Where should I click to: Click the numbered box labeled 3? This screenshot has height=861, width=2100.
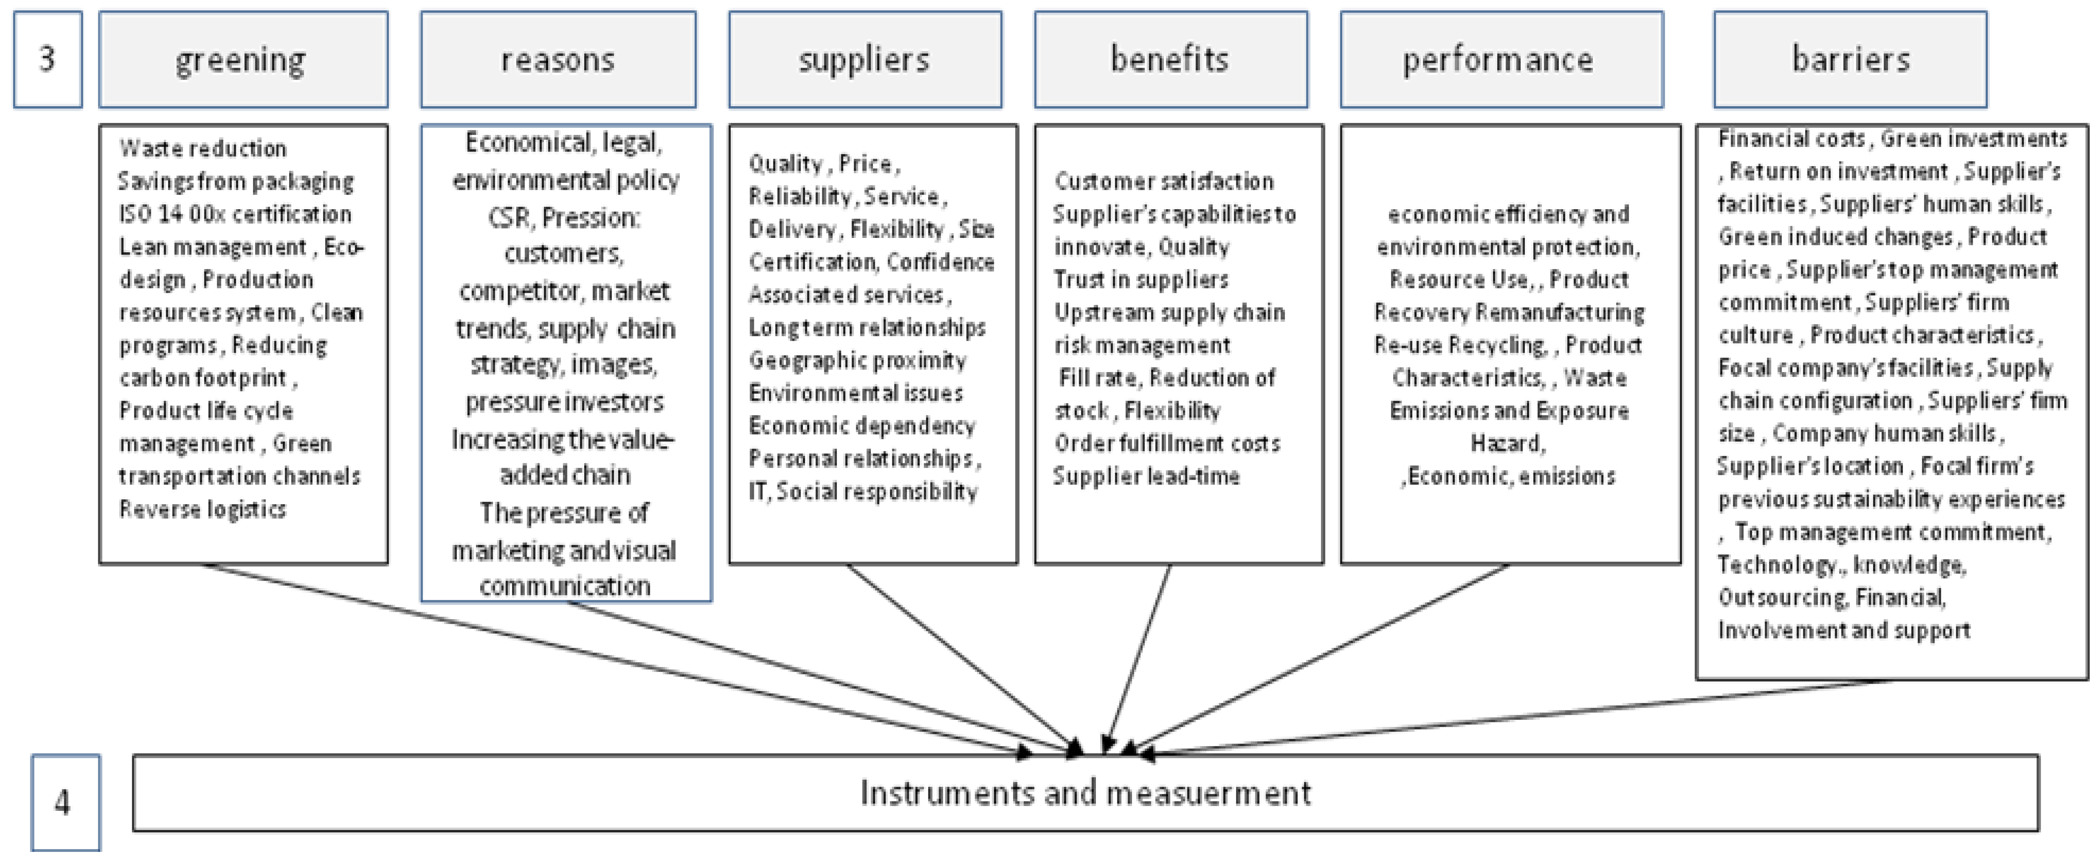(47, 59)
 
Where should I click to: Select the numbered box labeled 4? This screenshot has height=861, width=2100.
(65, 802)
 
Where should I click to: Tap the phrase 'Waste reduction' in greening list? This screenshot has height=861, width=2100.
(203, 148)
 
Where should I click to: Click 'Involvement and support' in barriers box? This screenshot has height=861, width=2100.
(1844, 630)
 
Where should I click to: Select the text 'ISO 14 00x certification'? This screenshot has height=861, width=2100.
(235, 214)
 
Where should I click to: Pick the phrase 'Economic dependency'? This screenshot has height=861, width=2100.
(862, 426)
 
